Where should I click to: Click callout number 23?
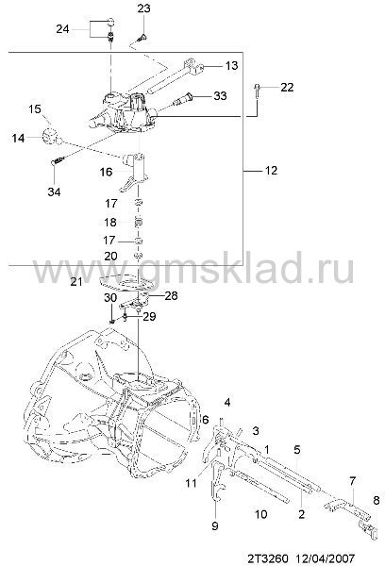coord(143,8)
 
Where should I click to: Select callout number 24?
coord(62,28)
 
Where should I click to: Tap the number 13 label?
coord(231,65)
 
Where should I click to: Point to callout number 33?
coord(220,95)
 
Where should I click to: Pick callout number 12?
coord(271,170)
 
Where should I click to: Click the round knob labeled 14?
coord(50,137)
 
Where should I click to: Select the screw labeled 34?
coord(59,160)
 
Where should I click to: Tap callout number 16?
coord(107,172)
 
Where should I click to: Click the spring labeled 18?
coord(139,222)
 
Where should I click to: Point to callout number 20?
coord(110,256)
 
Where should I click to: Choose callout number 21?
coord(76,281)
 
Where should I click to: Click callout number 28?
coord(171,295)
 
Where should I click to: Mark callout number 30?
coord(110,298)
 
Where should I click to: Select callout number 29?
coord(149,316)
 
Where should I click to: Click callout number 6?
coord(205,420)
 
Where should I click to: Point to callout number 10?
coord(260,514)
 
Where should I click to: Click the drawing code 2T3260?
coord(268,558)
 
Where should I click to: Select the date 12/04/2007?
coord(326,558)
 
